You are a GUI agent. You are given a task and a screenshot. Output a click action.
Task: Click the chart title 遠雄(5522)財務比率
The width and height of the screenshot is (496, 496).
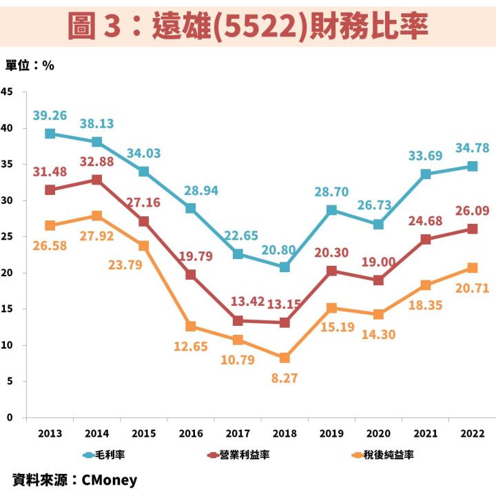[248, 25]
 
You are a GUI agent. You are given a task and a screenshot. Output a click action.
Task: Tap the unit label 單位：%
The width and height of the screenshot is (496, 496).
[30, 65]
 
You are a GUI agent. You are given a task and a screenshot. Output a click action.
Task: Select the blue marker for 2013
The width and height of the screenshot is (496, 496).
[50, 134]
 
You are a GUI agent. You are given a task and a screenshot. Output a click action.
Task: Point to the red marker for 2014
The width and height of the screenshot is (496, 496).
[97, 180]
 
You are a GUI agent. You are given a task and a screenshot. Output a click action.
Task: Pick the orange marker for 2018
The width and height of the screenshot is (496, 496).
[285, 358]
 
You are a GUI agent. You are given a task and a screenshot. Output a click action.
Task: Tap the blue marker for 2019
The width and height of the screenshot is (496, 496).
[331, 210]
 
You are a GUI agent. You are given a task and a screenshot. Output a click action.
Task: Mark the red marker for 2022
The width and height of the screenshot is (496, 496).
[472, 229]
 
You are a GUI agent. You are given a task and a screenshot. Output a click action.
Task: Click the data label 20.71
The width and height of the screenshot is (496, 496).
[472, 289]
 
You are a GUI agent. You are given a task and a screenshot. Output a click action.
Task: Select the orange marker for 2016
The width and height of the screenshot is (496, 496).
[191, 326]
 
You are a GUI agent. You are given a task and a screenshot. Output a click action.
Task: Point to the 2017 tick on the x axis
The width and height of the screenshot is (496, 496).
[238, 433]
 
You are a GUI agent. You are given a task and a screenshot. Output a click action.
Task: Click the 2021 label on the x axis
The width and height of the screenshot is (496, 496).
[425, 433]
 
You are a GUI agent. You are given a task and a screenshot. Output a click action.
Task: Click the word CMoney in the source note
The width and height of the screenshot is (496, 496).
[110, 480]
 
